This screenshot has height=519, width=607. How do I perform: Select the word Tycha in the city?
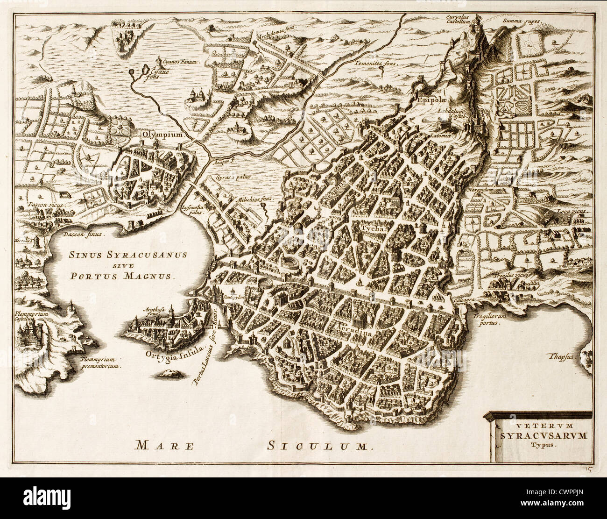coord(372,229)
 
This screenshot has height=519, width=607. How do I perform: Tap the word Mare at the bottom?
coord(164,445)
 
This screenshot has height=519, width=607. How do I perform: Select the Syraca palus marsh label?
coord(233,178)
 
